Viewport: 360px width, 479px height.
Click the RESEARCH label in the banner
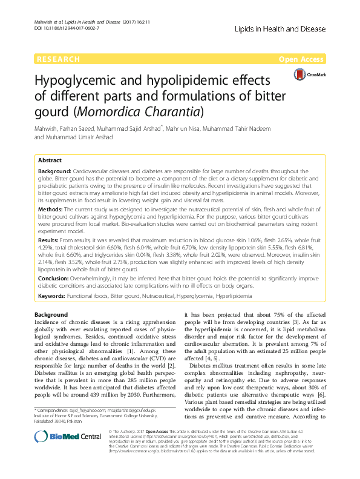coord(58,59)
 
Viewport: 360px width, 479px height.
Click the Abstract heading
coord(50,160)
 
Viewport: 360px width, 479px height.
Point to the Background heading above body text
coord(51,315)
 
